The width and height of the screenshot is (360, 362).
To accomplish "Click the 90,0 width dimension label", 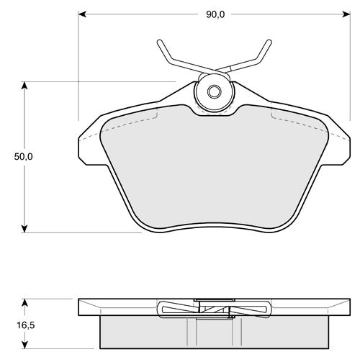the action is [215, 14].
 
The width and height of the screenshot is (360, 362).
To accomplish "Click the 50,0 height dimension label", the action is [23, 157].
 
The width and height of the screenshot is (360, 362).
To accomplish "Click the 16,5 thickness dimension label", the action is [26, 325].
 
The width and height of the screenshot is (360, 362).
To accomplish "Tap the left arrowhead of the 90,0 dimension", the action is [82, 14].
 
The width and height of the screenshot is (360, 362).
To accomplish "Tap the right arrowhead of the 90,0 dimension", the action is [346, 14].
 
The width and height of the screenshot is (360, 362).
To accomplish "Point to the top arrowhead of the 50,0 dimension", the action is [24, 86].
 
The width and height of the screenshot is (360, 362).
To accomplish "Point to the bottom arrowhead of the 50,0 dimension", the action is [24, 229].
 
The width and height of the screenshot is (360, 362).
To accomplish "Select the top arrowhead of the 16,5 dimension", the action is [24, 303].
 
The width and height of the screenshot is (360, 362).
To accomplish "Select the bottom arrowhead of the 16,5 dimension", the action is [24, 345].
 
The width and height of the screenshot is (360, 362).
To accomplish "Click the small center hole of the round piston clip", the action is [214, 91].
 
